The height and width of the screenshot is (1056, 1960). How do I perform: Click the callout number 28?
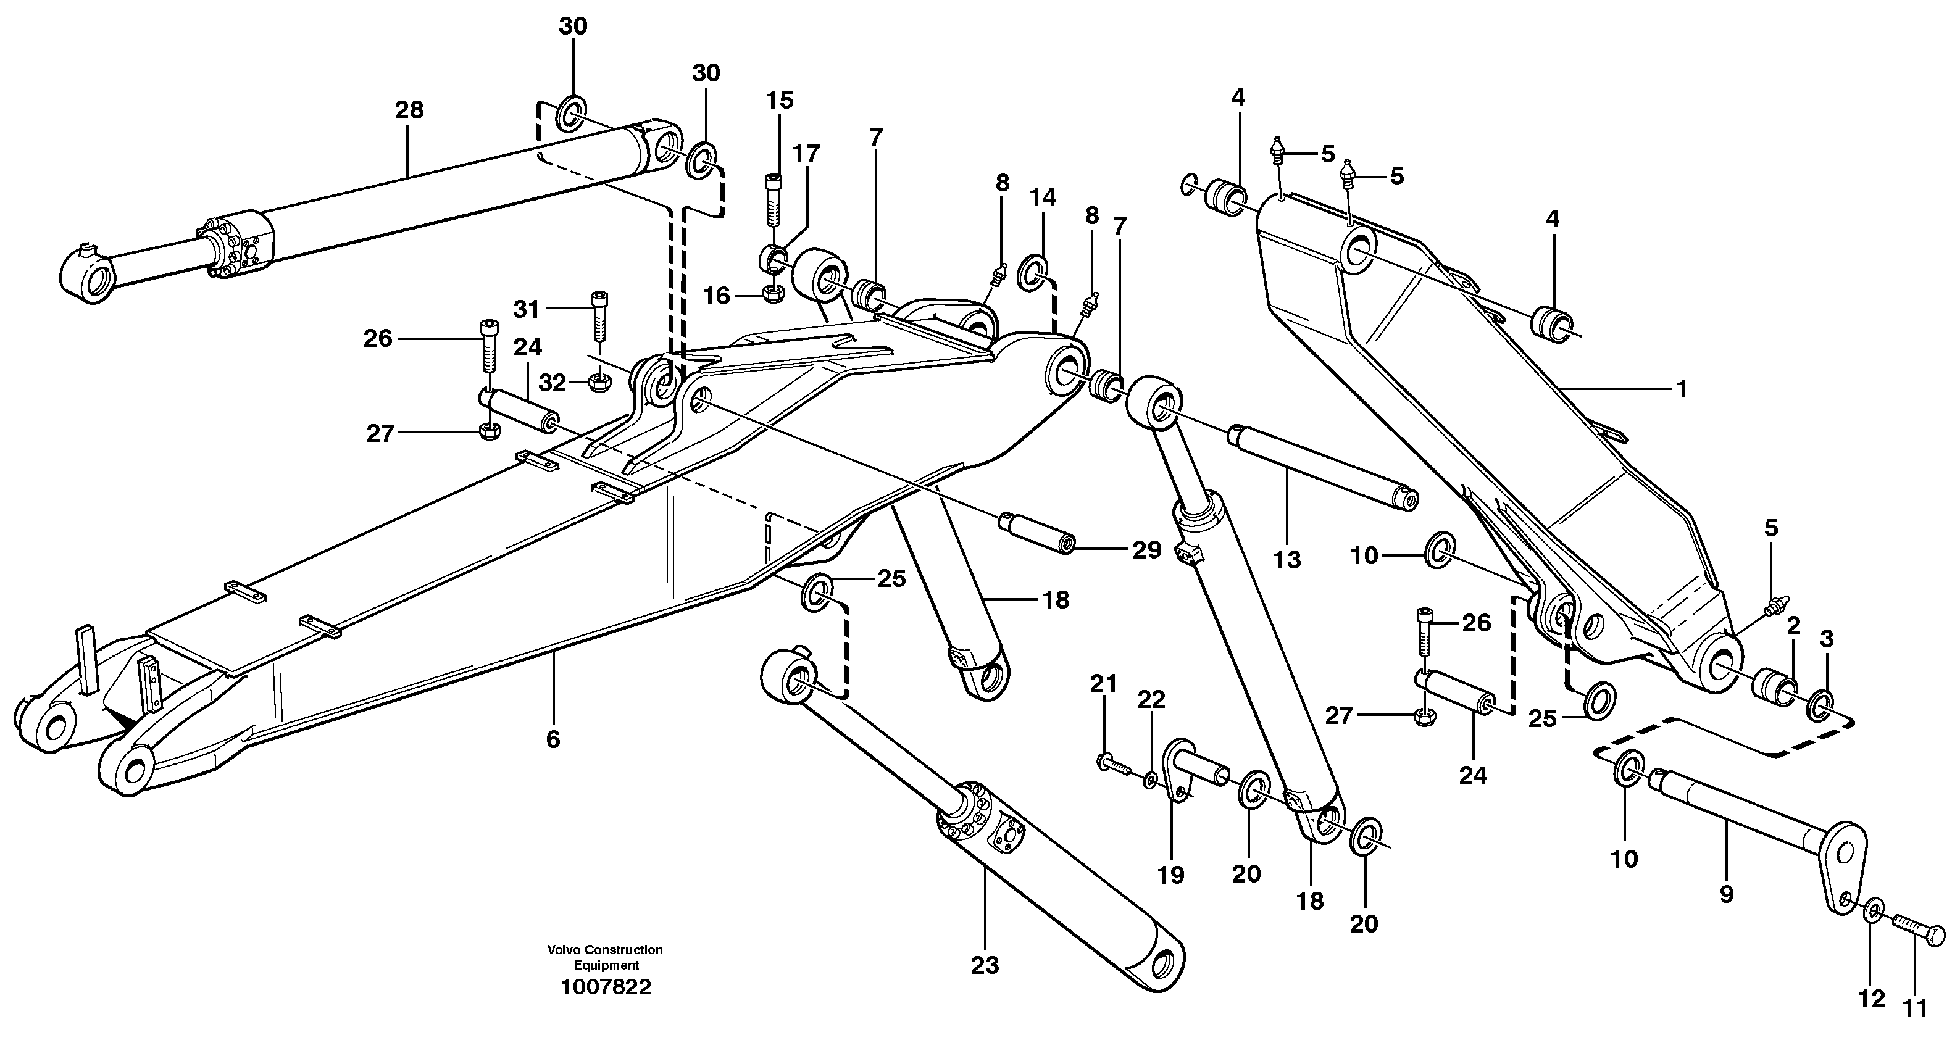point(409,110)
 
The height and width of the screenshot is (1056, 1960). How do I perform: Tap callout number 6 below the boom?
point(553,739)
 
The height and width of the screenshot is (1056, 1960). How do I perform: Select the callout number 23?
point(985,965)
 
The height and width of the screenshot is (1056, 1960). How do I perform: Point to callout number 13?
point(1287,560)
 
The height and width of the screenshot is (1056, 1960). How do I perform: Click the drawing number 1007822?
point(606,987)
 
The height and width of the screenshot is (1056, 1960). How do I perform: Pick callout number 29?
point(1146,549)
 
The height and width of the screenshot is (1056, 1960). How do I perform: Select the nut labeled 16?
point(772,294)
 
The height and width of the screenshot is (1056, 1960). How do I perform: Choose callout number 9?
point(1727,894)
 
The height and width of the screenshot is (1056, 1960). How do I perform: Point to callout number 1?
point(1682,389)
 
